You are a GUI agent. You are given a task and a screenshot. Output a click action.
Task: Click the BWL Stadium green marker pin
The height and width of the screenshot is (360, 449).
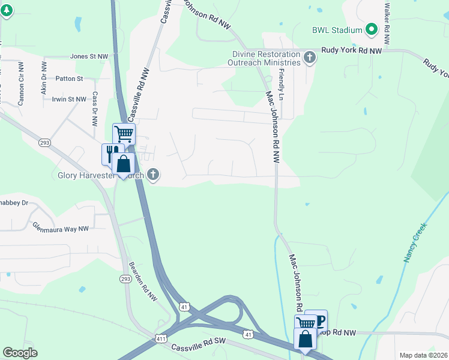372,29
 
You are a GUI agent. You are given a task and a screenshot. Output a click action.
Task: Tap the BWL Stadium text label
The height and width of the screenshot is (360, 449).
337,30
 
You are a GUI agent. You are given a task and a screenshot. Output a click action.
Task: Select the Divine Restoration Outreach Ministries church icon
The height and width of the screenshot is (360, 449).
310,58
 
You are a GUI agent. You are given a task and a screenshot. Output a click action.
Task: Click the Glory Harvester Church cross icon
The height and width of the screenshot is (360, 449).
153,175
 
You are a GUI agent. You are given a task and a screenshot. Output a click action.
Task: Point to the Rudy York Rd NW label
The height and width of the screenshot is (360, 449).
352,52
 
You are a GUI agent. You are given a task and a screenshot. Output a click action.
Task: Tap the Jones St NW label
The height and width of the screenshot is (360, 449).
89,56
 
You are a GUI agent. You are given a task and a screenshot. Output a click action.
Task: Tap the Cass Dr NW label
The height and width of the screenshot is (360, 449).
95,109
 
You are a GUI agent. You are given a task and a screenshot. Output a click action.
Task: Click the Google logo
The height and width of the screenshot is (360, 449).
20,353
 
